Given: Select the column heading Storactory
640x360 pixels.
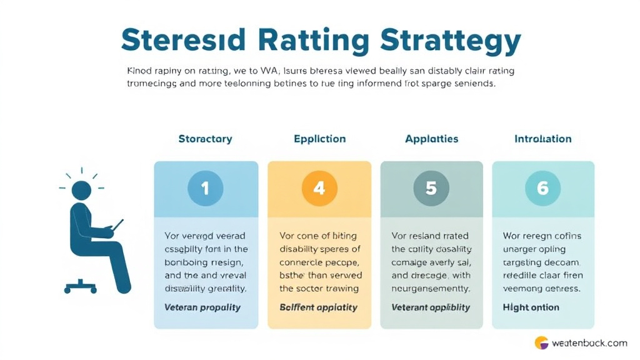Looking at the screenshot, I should (x=205, y=139).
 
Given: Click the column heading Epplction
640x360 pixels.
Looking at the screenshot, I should (x=319, y=139).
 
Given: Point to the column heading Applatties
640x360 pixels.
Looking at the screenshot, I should (x=431, y=139).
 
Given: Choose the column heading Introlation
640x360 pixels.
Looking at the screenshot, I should (x=542, y=139).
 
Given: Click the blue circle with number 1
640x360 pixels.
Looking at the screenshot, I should (x=206, y=188).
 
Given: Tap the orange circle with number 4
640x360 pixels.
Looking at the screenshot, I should (x=319, y=188).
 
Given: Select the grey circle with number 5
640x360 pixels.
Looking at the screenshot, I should (x=431, y=188).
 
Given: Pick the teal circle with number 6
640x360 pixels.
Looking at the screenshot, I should (x=542, y=188).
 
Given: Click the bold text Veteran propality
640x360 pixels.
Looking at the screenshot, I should (x=203, y=307).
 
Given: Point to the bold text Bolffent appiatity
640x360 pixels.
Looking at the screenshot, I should (x=318, y=307).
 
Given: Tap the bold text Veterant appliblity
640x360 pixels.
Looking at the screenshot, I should (x=431, y=307).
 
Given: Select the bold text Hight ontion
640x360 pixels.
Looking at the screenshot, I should (x=531, y=307).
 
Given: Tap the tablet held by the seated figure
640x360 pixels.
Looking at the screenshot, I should (x=116, y=226).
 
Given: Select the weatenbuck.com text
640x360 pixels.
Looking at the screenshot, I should (x=589, y=342).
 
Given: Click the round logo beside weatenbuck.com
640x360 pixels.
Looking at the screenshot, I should (x=541, y=342).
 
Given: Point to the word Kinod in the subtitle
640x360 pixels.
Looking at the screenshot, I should (x=140, y=71).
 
